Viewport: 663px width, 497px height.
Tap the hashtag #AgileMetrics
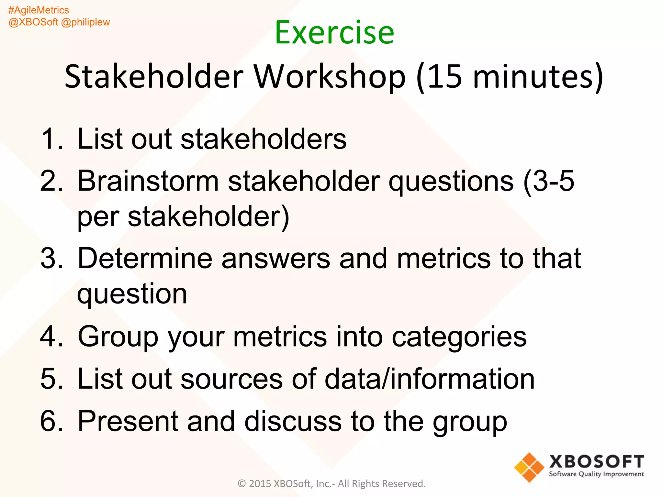coord(39,10)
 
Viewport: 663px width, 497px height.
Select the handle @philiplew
coord(85,22)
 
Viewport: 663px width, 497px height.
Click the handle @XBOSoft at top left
coord(33,22)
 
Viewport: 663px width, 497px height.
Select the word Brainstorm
coord(148,181)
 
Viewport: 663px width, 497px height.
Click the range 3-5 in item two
coord(553,181)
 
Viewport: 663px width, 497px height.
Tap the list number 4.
coord(51,337)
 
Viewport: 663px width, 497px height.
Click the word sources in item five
coord(231,379)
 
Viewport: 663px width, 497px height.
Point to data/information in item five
coord(430,379)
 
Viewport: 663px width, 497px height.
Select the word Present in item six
coord(128,421)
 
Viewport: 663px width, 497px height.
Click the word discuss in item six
coord(293,421)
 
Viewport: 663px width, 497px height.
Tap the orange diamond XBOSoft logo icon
coord(529,467)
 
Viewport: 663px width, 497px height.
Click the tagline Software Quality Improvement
coord(596,474)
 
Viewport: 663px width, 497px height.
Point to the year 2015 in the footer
coord(260,484)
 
